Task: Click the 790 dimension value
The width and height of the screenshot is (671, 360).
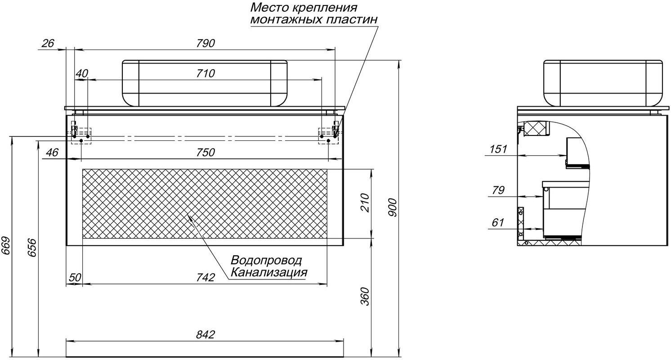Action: (x=206, y=44)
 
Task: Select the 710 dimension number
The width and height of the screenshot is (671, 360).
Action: (x=206, y=73)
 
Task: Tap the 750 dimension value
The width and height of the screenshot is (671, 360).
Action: (x=206, y=153)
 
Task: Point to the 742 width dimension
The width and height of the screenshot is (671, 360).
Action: (x=206, y=277)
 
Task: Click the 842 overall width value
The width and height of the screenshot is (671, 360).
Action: (x=206, y=334)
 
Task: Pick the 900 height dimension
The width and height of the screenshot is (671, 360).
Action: (x=393, y=207)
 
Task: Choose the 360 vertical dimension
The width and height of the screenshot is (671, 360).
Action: (x=365, y=296)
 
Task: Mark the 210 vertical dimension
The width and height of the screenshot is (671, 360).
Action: (x=365, y=203)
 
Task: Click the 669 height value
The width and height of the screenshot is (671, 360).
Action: (x=6, y=246)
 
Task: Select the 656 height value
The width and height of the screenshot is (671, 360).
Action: (x=32, y=247)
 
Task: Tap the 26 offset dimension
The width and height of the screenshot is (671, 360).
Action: (x=48, y=44)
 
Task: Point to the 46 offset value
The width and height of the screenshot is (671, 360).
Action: (x=52, y=153)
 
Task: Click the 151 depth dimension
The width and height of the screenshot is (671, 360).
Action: (x=498, y=149)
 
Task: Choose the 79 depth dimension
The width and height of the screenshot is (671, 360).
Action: (x=498, y=190)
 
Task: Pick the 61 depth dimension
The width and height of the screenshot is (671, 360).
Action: (x=498, y=222)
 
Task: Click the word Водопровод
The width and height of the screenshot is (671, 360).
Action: (x=266, y=260)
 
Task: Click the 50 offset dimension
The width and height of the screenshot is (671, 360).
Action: (x=75, y=277)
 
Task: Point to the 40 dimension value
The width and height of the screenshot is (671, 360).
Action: (x=82, y=73)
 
